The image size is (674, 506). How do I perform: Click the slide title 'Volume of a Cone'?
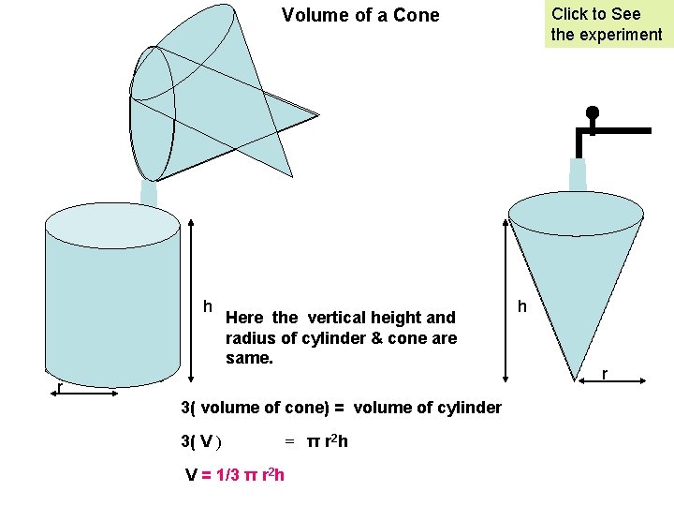click(x=360, y=15)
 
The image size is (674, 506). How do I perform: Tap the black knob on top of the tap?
click(x=592, y=113)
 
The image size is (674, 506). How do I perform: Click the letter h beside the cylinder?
click(x=209, y=306)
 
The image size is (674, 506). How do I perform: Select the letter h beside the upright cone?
click(x=522, y=306)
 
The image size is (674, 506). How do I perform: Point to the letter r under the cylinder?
click(x=59, y=387)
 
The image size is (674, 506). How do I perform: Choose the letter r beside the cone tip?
click(x=605, y=374)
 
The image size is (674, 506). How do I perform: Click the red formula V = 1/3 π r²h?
click(x=235, y=475)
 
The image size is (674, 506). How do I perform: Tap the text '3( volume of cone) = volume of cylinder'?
click(x=340, y=408)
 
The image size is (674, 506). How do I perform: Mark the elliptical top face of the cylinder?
click(x=112, y=226)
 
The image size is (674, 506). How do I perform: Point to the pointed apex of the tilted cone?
click(x=317, y=115)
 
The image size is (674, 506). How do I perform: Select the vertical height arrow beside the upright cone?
click(x=506, y=300)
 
